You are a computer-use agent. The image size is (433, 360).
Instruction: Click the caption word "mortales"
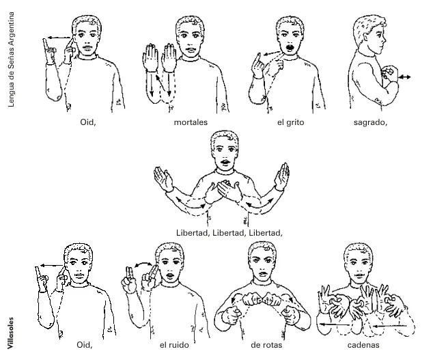click(191, 122)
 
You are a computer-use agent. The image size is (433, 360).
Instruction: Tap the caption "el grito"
click(290, 122)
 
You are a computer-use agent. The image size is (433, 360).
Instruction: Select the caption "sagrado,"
click(370, 122)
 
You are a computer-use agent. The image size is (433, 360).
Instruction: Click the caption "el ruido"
click(174, 345)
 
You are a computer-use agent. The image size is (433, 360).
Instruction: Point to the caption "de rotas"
click(266, 345)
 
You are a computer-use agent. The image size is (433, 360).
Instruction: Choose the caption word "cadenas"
click(363, 345)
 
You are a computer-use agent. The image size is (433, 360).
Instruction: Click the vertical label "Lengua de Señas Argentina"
click(11, 59)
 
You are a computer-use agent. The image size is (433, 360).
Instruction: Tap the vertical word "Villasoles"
click(10, 333)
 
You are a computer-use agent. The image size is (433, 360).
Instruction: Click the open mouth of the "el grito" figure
click(290, 48)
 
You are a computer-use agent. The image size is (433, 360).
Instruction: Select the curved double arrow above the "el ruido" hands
click(143, 264)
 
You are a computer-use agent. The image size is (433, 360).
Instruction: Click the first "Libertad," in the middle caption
click(193, 233)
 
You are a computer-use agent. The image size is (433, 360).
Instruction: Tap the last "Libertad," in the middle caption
click(266, 233)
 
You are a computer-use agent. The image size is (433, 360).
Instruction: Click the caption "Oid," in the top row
click(88, 122)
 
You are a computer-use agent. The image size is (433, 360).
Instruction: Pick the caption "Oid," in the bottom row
click(84, 345)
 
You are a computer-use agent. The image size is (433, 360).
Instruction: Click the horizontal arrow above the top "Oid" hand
click(58, 38)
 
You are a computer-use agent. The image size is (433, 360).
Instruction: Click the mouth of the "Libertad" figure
click(225, 162)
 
